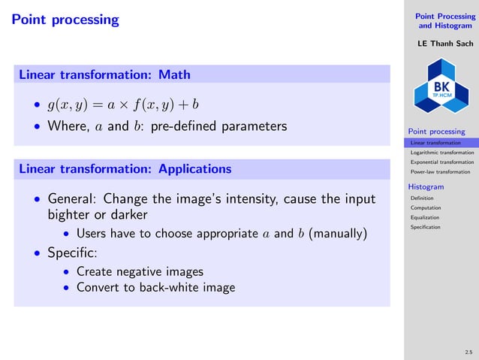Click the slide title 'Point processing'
65,20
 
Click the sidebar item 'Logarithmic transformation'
441,152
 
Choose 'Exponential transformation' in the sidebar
441,162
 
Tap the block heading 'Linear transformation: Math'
104,74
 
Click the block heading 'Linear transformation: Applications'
125,168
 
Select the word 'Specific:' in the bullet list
73,253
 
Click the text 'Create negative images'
140,271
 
